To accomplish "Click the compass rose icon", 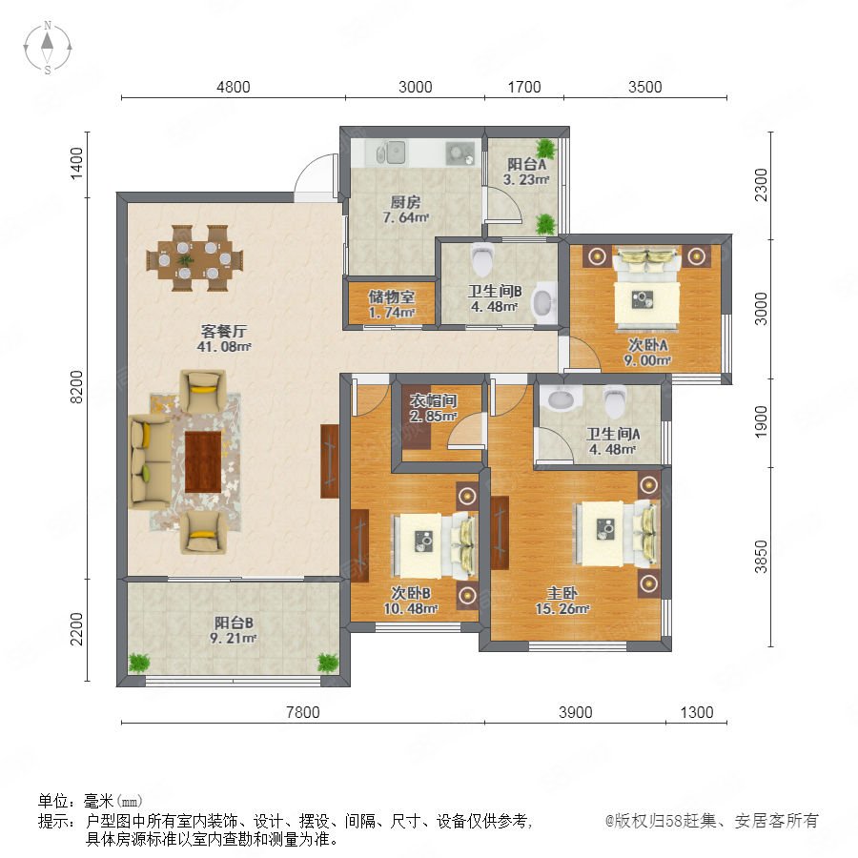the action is point(48,48).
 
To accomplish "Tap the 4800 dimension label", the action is point(234,87).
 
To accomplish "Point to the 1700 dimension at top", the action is point(524,87).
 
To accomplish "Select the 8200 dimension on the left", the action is point(77,387).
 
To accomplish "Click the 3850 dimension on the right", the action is point(761,557).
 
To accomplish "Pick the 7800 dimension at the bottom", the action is point(302,712).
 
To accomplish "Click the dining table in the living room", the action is point(194,258).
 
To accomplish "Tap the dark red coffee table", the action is point(203,461).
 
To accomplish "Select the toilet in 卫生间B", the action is point(482,258).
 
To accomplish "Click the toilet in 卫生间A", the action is point(615,401).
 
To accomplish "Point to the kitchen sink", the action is point(392,153).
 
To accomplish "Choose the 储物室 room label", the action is point(391,296).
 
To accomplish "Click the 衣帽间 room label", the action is point(434,400).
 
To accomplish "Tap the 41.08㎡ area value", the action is point(224,346).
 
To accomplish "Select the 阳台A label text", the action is point(526,164).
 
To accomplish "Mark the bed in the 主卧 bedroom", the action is point(615,534).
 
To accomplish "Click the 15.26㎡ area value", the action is point(562,608).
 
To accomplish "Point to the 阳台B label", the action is point(234,623).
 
